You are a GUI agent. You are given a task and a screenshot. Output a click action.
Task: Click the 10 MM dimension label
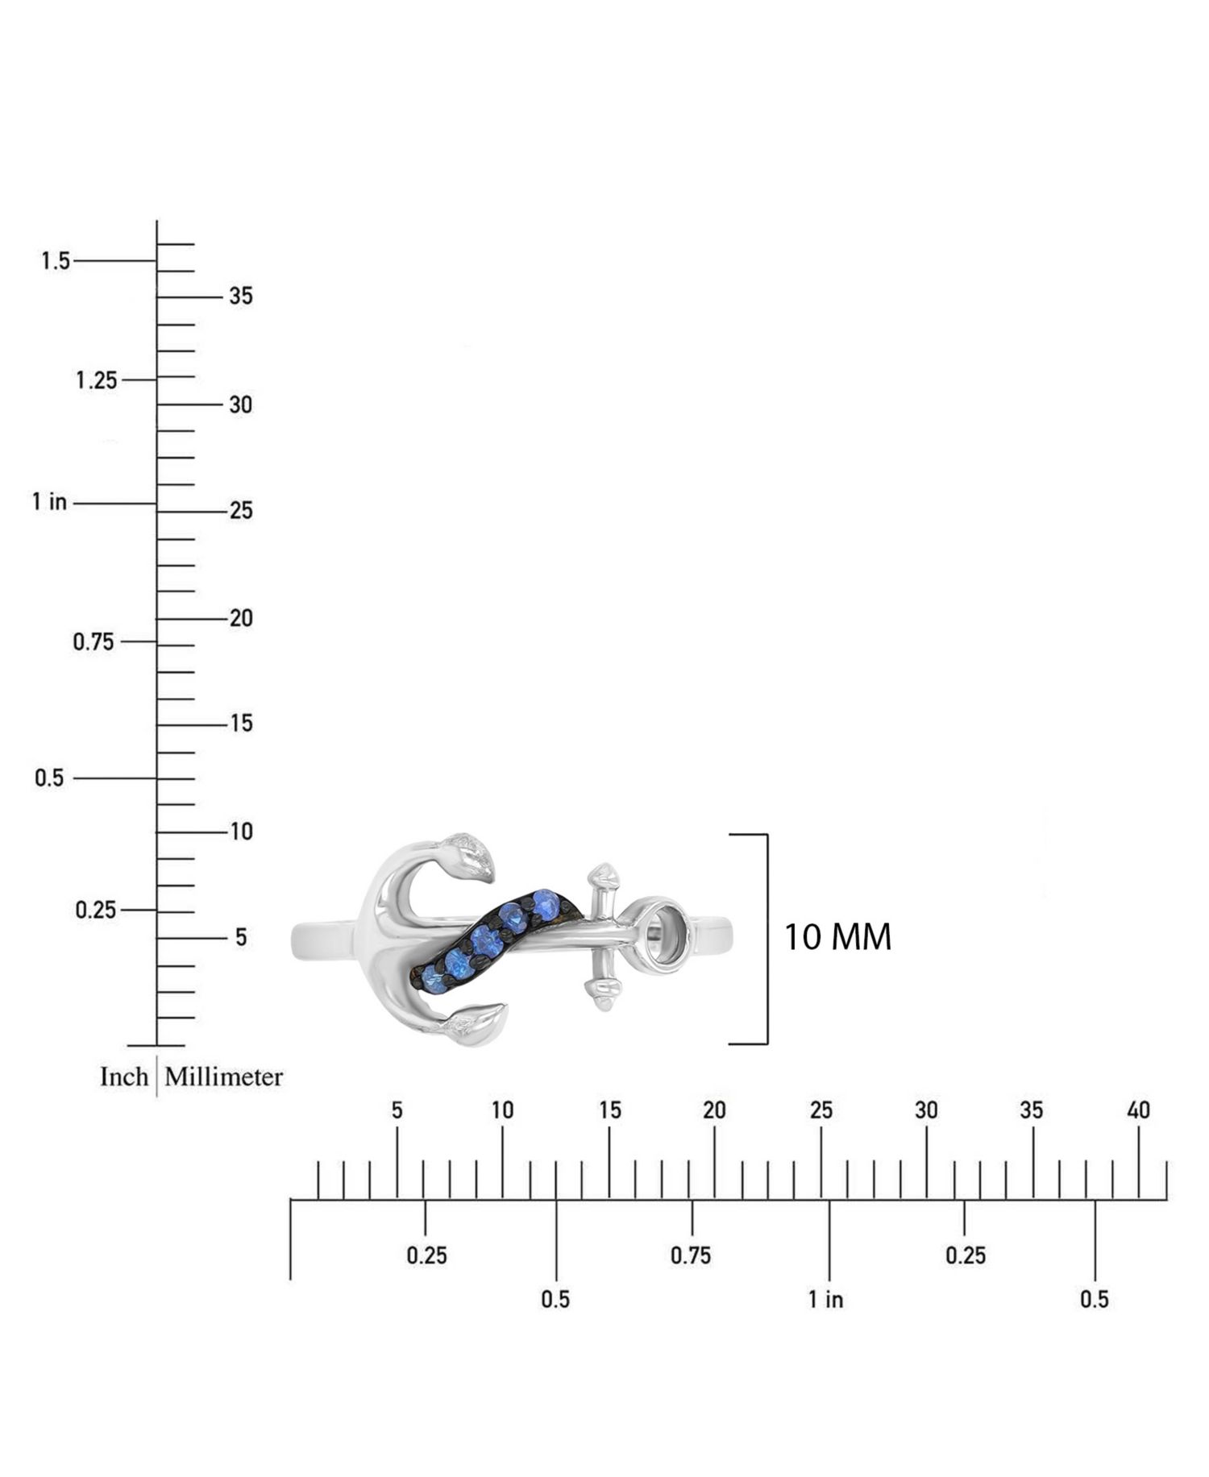(837, 937)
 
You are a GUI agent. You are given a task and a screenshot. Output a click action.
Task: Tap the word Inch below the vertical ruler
(124, 1077)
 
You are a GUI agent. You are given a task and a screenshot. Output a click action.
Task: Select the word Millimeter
(224, 1077)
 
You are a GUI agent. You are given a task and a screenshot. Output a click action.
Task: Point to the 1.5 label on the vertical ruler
(56, 261)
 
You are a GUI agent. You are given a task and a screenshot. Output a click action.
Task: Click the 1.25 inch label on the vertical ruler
(97, 380)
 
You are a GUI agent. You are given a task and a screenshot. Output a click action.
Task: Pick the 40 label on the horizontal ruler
(1138, 1110)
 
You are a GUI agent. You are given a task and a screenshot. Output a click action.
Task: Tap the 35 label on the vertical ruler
(241, 297)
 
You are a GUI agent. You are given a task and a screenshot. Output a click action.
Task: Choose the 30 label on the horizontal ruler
(926, 1110)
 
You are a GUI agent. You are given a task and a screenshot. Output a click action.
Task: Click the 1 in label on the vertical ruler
(49, 502)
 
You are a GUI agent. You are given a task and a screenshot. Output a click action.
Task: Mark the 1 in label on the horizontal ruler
(826, 1299)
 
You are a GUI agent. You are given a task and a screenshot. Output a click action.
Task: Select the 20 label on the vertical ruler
(241, 618)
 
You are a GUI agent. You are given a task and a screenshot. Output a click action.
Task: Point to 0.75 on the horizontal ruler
(691, 1255)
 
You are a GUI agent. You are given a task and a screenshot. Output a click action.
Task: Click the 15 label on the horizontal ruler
(610, 1110)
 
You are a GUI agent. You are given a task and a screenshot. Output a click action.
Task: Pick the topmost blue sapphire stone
(546, 904)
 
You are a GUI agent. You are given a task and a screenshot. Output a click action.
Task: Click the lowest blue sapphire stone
(434, 980)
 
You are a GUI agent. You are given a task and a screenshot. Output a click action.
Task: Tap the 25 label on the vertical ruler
(241, 511)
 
